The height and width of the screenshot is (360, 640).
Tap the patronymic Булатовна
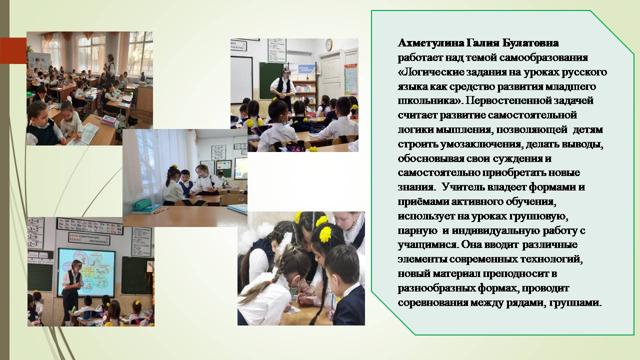pyautogui.click(x=530, y=43)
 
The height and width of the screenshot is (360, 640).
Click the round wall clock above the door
pyautogui.click(x=329, y=44)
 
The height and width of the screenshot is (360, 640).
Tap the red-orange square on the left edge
pyautogui.click(x=13, y=50)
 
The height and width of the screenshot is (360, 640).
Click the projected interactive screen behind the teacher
pyautogui.click(x=86, y=273)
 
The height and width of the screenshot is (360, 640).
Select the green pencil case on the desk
pyautogui.click(x=141, y=204)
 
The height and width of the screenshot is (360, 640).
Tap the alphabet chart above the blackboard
pyautogui.click(x=90, y=225)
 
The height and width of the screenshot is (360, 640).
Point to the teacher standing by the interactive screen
pyautogui.click(x=71, y=291)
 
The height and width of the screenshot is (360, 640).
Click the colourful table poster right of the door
pyautogui.click(x=351, y=80)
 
